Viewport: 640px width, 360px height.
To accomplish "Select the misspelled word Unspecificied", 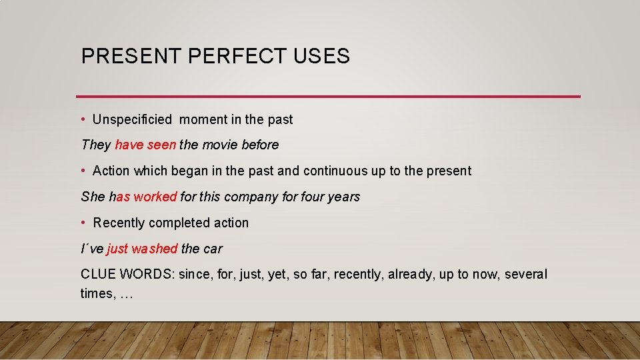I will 132,120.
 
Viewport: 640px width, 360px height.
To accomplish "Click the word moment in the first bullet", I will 204,120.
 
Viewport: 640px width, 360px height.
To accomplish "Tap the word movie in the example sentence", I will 221,145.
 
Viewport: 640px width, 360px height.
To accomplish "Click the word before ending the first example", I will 260,145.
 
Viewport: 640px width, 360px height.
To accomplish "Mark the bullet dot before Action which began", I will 83,171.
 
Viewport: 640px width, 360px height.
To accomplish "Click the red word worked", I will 155,197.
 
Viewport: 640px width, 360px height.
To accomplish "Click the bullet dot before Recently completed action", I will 83,223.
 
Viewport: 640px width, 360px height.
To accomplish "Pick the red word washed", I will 155,249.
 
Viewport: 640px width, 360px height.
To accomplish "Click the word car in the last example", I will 213,249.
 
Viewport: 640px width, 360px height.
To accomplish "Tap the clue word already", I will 409,275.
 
